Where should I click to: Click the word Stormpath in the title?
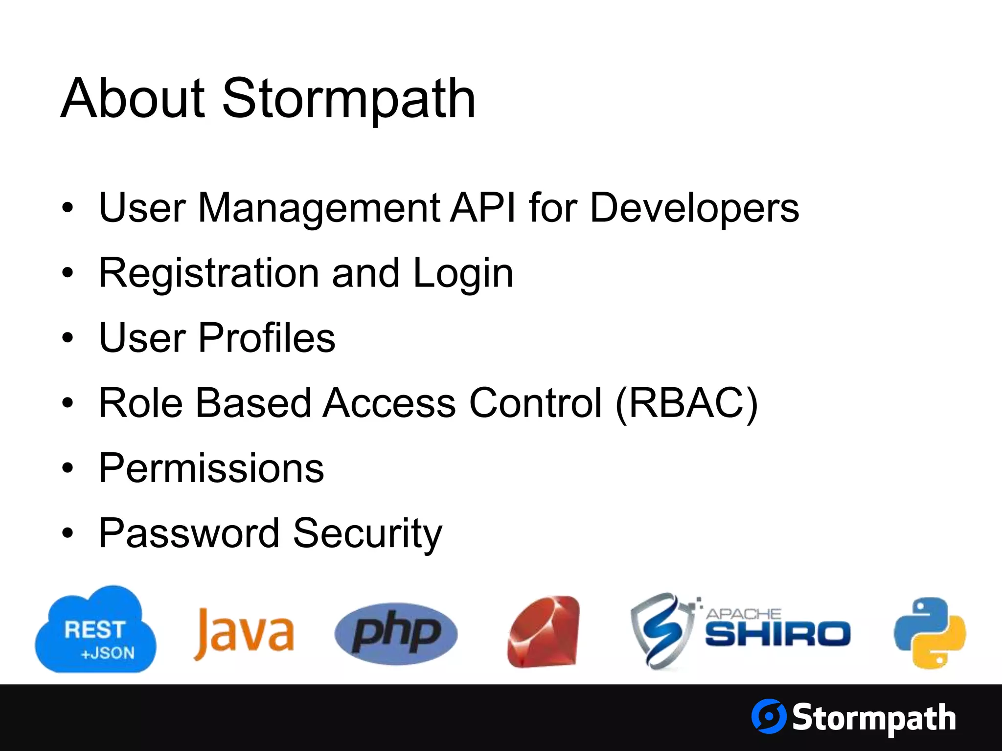coord(349,99)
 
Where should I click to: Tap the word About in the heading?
coord(133,99)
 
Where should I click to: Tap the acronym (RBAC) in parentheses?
coord(686,403)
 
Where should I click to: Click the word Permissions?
coord(211,468)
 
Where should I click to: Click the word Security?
coord(367,534)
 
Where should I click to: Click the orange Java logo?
coord(244,634)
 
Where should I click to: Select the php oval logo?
coord(396,634)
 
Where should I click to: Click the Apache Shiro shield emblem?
coord(661,631)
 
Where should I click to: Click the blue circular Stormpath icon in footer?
coord(768,716)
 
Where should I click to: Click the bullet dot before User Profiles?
coord(68,338)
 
